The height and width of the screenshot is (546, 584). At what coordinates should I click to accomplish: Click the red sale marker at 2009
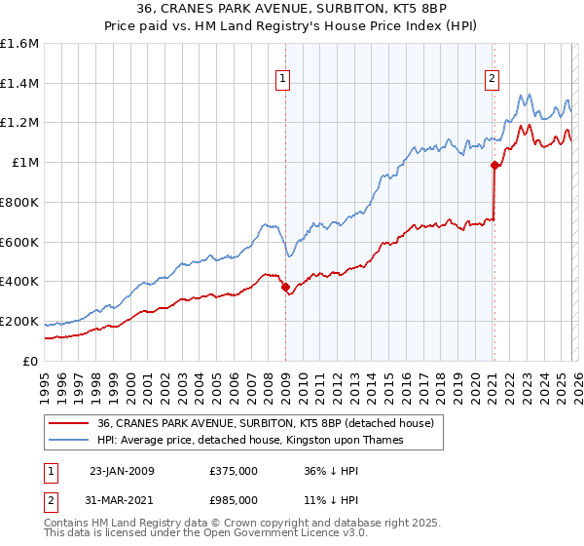tap(285, 287)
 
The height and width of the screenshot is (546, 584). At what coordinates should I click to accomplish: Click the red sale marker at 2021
tap(494, 165)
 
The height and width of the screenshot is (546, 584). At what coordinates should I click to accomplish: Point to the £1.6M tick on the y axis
tap(19, 44)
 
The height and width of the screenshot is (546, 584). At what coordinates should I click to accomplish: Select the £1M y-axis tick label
tap(25, 163)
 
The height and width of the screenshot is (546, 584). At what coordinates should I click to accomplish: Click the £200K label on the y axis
tap(19, 321)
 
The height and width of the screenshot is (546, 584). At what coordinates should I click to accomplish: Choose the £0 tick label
tap(31, 361)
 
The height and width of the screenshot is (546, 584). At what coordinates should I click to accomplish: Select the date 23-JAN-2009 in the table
tap(122, 471)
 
